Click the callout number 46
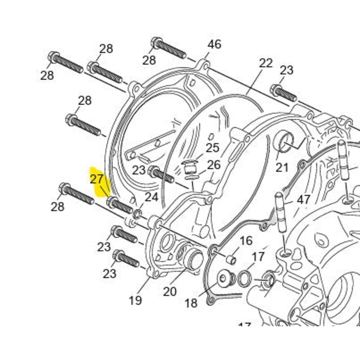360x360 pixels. coord(214,44)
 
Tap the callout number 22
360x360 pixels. coord(265,63)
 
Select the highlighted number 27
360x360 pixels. coord(96,179)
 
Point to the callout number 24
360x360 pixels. coord(152,197)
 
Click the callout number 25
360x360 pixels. coord(212,148)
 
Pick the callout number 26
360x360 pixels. coord(214,165)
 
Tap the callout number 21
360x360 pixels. coord(282,167)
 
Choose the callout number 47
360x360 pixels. coord(303,200)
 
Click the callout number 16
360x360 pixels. coord(246,241)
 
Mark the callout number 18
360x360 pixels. coord(191,303)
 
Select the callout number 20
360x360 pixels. coord(170,292)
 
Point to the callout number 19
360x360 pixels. coord(135,300)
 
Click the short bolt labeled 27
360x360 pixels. coord(120,205)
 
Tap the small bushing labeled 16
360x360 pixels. coord(231,260)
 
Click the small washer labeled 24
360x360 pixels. coord(138,214)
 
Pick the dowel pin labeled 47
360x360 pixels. coord(280,212)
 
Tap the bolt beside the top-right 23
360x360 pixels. coord(284,93)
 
